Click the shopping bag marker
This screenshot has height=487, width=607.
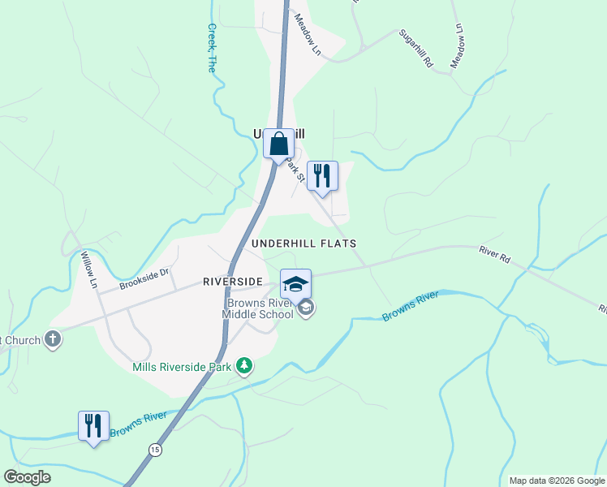[278, 144]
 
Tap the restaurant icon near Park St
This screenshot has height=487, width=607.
[322, 176]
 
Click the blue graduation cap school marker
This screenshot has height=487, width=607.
[295, 284]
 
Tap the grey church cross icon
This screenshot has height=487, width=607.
[53, 339]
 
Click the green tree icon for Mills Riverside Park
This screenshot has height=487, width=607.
[244, 367]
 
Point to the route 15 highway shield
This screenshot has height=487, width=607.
[154, 449]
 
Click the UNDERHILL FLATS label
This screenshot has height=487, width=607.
[303, 243]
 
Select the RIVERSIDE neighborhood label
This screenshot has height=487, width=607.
[232, 282]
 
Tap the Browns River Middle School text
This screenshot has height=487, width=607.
[259, 308]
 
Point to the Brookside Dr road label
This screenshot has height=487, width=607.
[144, 279]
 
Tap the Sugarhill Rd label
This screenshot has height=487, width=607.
[416, 49]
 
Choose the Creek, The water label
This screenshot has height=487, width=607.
[211, 49]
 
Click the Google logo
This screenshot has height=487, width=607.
[28, 477]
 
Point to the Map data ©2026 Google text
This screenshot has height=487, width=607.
[557, 481]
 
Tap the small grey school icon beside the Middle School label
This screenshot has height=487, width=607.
[306, 308]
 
